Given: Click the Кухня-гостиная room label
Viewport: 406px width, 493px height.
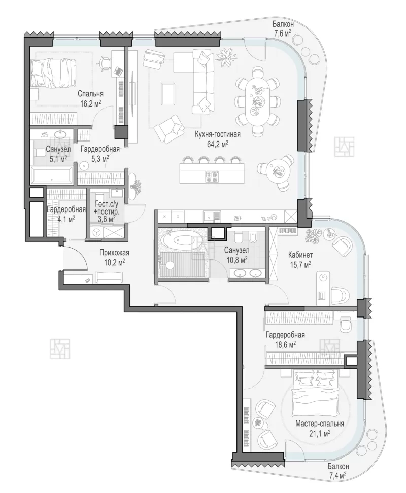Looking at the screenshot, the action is [x=217, y=134].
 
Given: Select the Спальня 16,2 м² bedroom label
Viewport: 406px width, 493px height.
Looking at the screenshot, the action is [x=90, y=99].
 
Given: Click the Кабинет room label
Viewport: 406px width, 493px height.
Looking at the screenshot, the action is [x=300, y=255].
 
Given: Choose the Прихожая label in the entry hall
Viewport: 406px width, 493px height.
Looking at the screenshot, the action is [x=114, y=253].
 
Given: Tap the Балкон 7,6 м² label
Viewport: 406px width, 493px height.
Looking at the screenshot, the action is [x=283, y=28].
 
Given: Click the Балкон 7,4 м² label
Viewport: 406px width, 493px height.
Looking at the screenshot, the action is [x=338, y=470].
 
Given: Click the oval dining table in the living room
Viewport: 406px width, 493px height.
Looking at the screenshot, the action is [x=258, y=100].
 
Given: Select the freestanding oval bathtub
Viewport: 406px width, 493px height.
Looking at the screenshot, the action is [x=179, y=241].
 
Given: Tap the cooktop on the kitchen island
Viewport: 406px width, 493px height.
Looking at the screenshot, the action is [x=212, y=176].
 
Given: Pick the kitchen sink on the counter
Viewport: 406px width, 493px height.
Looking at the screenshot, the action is [x=209, y=216].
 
